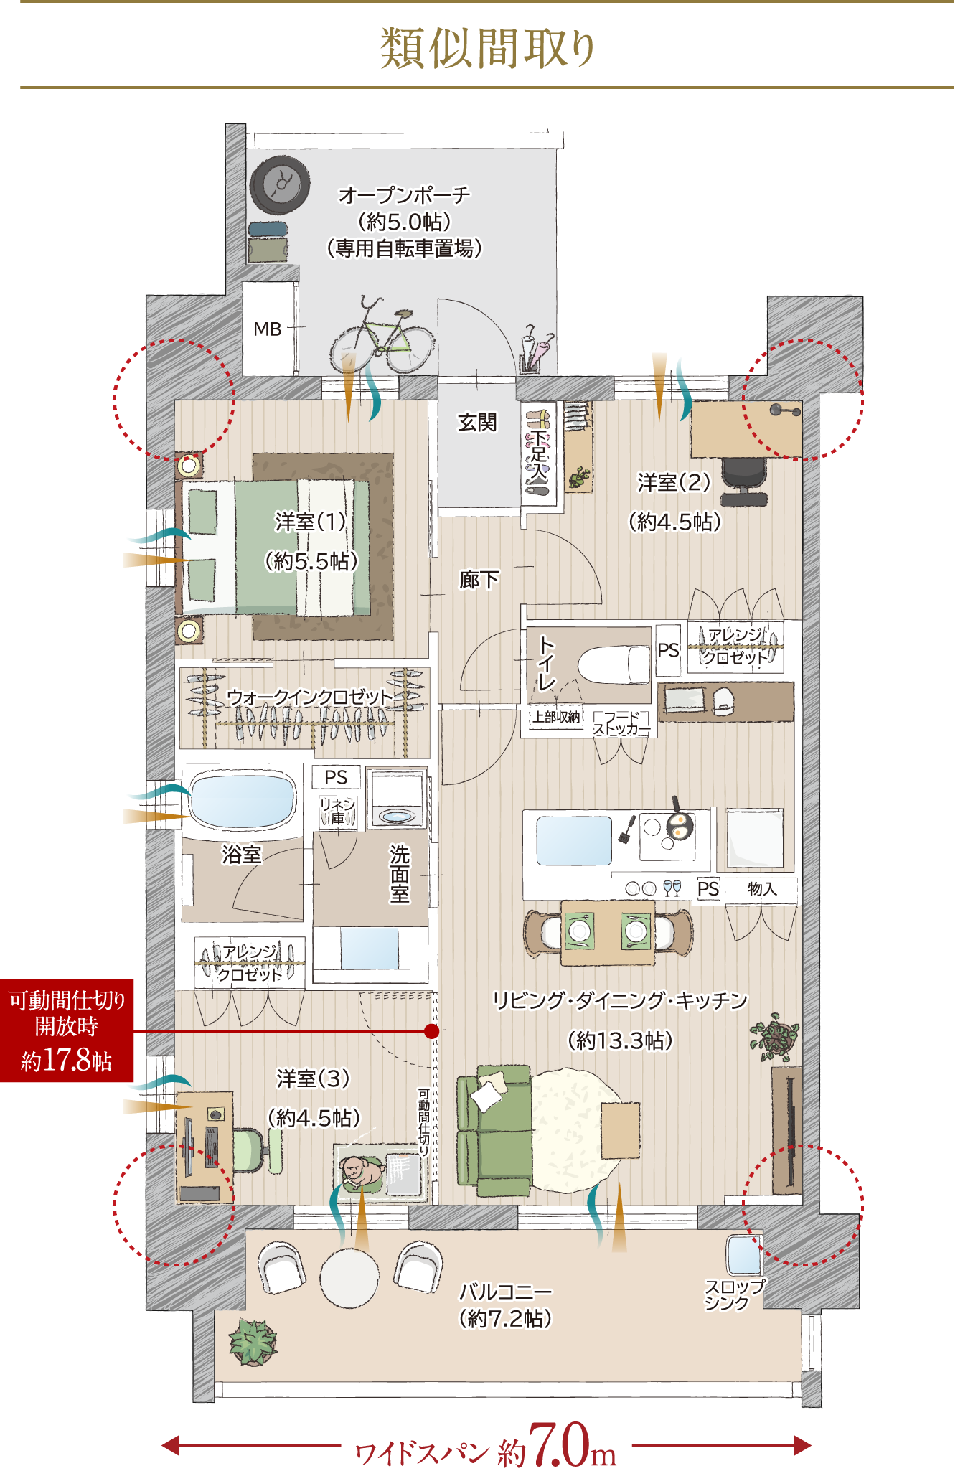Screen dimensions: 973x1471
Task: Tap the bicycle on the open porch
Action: pyautogui.click(x=382, y=336)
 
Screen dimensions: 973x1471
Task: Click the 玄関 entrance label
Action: pyautogui.click(x=477, y=423)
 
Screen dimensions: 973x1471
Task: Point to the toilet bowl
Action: pyautogui.click(x=614, y=664)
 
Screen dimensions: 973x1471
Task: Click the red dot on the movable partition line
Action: pyautogui.click(x=431, y=1031)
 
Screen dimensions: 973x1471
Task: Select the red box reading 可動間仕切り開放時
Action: pyautogui.click(x=67, y=1030)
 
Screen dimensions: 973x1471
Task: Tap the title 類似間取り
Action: pyautogui.click(x=488, y=49)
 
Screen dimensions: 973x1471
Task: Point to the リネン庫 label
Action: pyautogui.click(x=338, y=810)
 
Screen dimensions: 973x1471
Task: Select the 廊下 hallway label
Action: pyautogui.click(x=479, y=579)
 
